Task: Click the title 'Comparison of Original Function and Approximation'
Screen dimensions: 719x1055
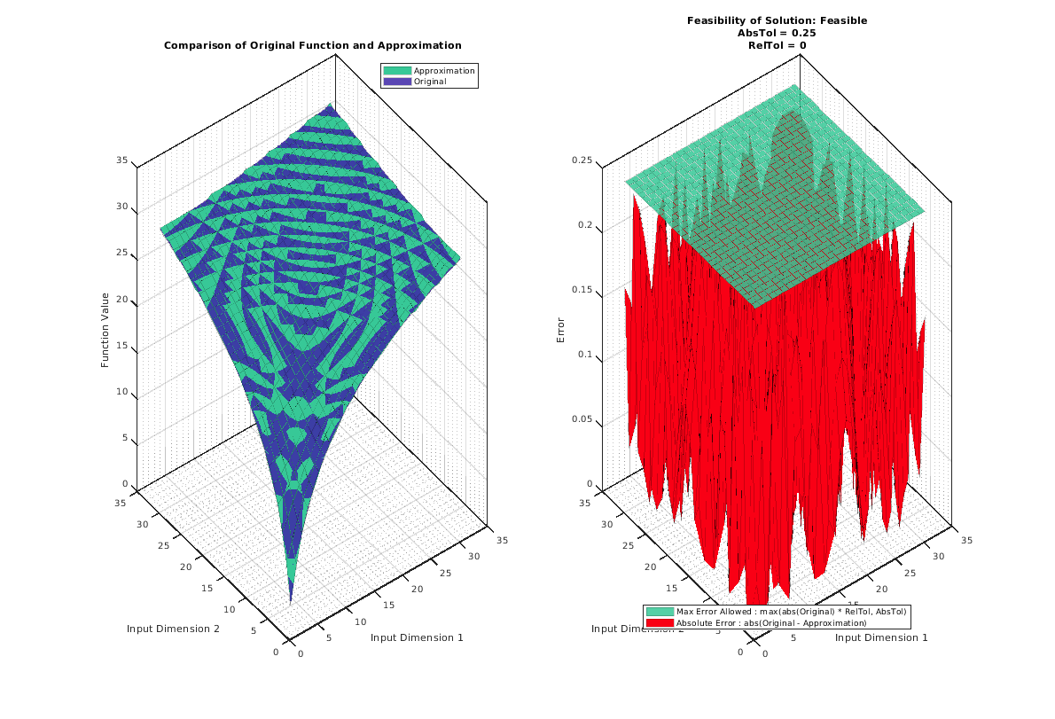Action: pos(312,45)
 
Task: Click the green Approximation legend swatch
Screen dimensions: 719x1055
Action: pos(397,71)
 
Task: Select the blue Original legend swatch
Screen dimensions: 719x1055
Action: pos(397,82)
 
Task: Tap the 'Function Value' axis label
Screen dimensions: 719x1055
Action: pos(105,330)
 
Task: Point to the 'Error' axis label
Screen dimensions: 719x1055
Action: pos(559,331)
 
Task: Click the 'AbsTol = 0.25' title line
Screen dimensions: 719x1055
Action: pos(777,33)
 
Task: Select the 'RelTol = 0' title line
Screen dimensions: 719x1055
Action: pos(777,45)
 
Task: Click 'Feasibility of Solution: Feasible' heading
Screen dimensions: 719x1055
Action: pos(777,20)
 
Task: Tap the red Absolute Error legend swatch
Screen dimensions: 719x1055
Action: pos(660,623)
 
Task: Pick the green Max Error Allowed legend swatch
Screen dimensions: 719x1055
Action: pos(660,612)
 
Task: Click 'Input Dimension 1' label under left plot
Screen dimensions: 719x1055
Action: pos(417,637)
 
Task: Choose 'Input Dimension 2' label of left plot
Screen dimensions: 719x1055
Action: pos(173,629)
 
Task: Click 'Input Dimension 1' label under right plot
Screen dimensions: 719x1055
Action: pos(881,637)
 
